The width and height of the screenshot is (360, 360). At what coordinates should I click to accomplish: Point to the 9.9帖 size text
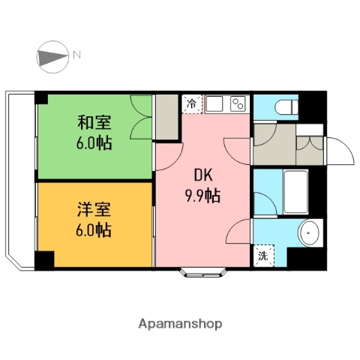tap(203, 197)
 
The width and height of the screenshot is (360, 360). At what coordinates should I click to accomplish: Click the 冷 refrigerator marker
tap(191, 104)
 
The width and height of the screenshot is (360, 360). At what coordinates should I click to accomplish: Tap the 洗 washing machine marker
tap(263, 255)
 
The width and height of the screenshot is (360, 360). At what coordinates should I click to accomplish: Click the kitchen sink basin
tap(214, 103)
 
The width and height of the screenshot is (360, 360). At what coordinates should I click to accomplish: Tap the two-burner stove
tap(238, 103)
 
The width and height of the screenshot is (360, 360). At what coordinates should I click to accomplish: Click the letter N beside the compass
tap(77, 54)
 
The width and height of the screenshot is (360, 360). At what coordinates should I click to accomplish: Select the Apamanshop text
tap(180, 324)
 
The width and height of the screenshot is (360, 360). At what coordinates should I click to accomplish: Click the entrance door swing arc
tap(341, 154)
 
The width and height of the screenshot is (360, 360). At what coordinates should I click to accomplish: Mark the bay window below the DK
tap(203, 271)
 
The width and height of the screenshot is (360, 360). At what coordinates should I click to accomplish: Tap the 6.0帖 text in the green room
tap(94, 142)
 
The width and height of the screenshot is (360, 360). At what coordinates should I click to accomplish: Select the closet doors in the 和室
tap(141, 118)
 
